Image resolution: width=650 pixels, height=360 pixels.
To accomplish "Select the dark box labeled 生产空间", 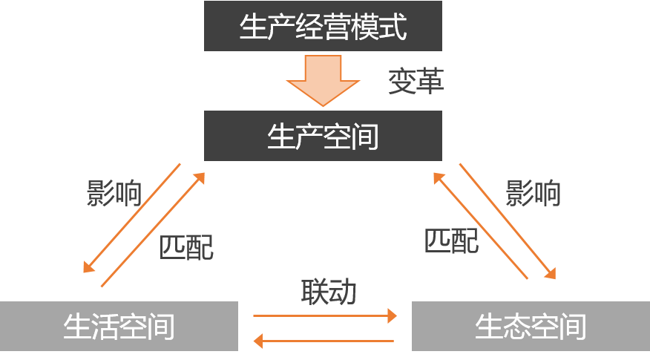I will coord(323,137).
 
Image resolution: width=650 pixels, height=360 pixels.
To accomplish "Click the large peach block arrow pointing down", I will coord(323,80).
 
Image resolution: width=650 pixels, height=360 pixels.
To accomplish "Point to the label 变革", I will coord(416,82).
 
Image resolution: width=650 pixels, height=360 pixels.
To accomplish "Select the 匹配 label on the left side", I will coord(186,248).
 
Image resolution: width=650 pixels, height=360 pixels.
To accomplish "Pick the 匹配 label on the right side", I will coord(451,240).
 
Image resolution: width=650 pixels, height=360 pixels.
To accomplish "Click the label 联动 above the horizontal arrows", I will coord(329,292).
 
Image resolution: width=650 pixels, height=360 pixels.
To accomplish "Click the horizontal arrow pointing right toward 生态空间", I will coord(325,315).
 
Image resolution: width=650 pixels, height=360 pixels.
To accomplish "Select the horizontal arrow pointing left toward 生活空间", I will coord(324,341).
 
